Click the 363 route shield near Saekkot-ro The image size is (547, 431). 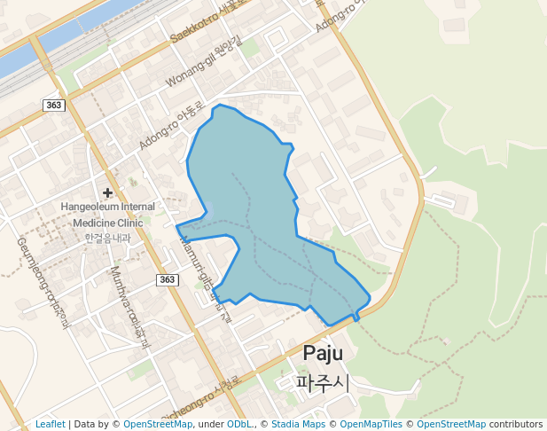53,106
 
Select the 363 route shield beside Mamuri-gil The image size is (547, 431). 168,279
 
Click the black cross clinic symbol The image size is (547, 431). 107,192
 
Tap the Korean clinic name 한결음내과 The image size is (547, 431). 107,237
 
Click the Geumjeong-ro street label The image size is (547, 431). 42,281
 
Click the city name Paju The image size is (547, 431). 324,353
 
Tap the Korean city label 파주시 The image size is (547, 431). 324,382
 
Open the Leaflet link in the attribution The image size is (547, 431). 50,425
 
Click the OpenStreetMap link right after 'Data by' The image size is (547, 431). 157,425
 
